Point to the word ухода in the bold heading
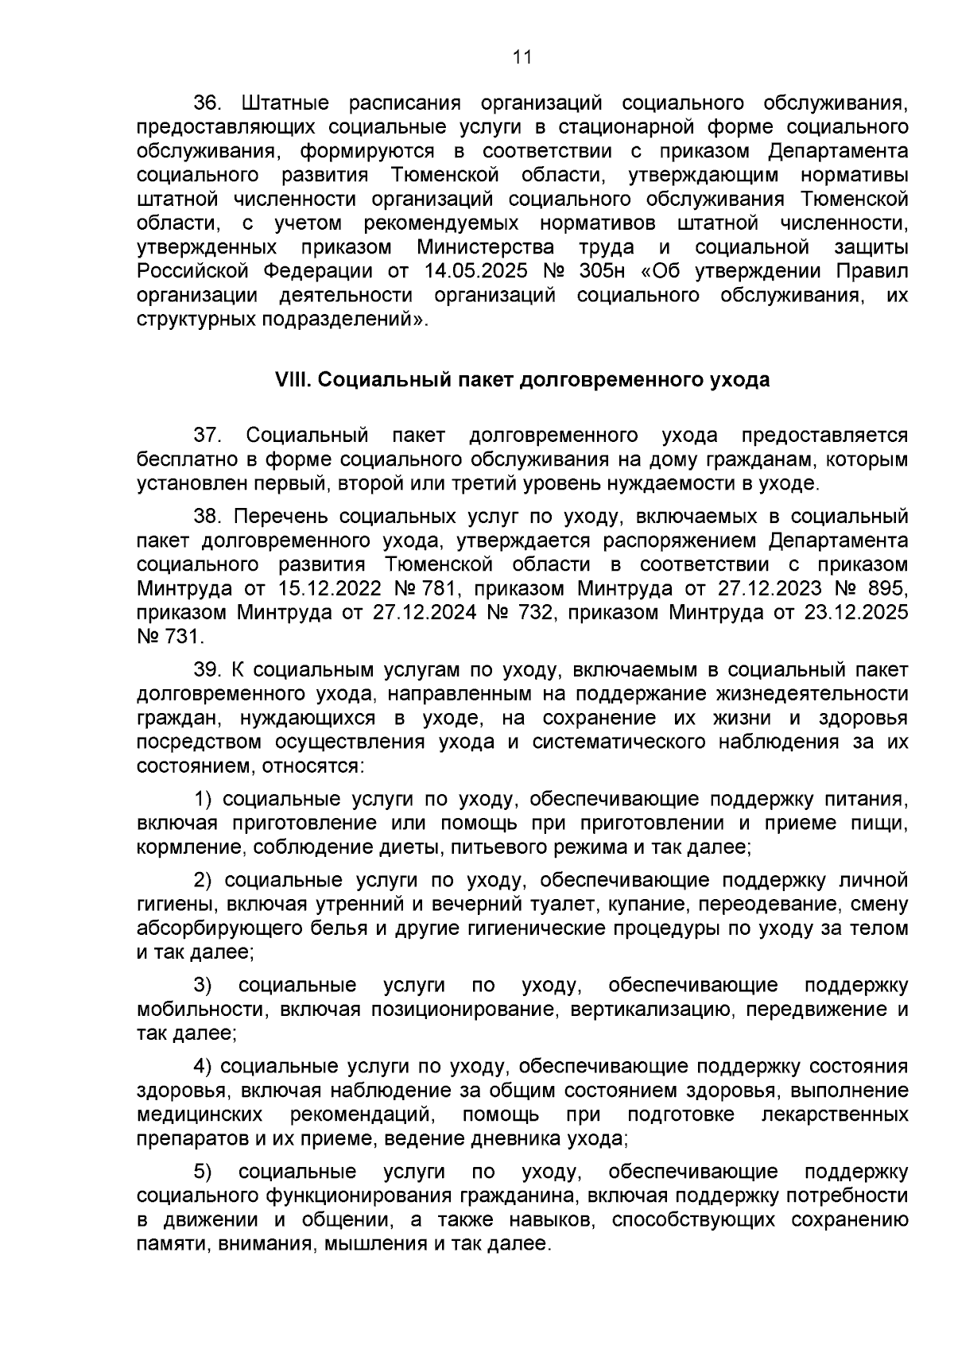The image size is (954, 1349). (x=738, y=380)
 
